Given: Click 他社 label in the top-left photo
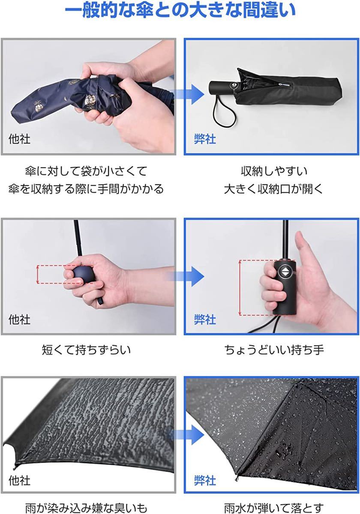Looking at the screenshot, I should point(20,139).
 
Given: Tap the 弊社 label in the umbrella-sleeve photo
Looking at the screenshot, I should point(205,139).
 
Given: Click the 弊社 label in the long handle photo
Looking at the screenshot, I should point(205,319).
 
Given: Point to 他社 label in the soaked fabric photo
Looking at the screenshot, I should point(20,480).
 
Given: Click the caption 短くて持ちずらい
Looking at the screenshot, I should point(87,350).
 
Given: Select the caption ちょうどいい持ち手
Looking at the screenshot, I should point(274,350).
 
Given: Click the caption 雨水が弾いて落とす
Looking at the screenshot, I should point(273,508).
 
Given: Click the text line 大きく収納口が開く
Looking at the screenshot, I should point(273,189).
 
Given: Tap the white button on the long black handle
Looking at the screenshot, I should point(285,272).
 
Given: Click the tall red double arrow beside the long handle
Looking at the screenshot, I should point(240,287).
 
